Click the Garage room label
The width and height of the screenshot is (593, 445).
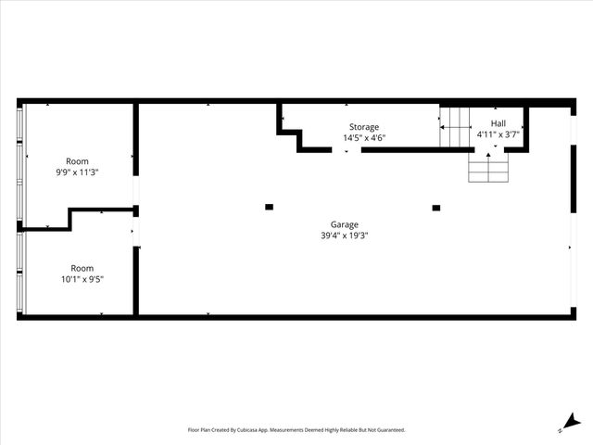(345, 224)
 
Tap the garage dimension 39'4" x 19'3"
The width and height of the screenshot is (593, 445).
(345, 235)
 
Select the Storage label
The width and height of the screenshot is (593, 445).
(363, 127)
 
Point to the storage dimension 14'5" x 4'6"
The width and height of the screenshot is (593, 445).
(363, 138)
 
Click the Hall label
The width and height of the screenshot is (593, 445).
(498, 123)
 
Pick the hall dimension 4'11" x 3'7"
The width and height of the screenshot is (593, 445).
(498, 134)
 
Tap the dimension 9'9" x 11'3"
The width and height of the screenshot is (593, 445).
(78, 172)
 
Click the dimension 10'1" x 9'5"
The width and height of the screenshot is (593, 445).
(82, 279)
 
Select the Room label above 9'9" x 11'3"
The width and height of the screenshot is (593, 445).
(78, 160)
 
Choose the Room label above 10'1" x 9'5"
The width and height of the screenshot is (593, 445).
(82, 268)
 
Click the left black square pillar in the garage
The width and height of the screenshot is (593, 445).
(269, 207)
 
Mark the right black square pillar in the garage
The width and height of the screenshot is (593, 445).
(435, 208)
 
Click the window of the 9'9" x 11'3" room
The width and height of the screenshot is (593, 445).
(21, 162)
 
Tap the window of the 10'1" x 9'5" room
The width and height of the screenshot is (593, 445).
(21, 273)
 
